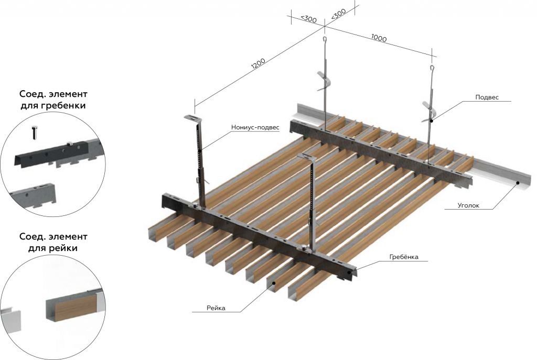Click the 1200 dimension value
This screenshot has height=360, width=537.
[258, 64]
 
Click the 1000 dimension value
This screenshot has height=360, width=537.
[379, 38]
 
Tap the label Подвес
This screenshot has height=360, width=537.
[487, 97]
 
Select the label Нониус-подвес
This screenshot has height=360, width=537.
[255, 128]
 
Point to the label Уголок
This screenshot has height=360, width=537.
[468, 205]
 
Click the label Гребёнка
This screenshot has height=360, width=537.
[404, 257]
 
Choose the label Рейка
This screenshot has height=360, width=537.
[216, 308]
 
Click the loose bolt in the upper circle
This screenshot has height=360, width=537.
[35, 132]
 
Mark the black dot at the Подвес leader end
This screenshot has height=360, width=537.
[432, 121]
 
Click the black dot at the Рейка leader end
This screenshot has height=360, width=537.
[274, 282]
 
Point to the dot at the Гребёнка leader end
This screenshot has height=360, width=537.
[350, 272]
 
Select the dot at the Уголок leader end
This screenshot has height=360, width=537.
[518, 182]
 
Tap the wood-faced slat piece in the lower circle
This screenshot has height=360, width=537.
[71, 307]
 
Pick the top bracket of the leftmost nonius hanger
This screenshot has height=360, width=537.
[194, 118]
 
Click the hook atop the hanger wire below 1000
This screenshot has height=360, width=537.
[433, 68]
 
